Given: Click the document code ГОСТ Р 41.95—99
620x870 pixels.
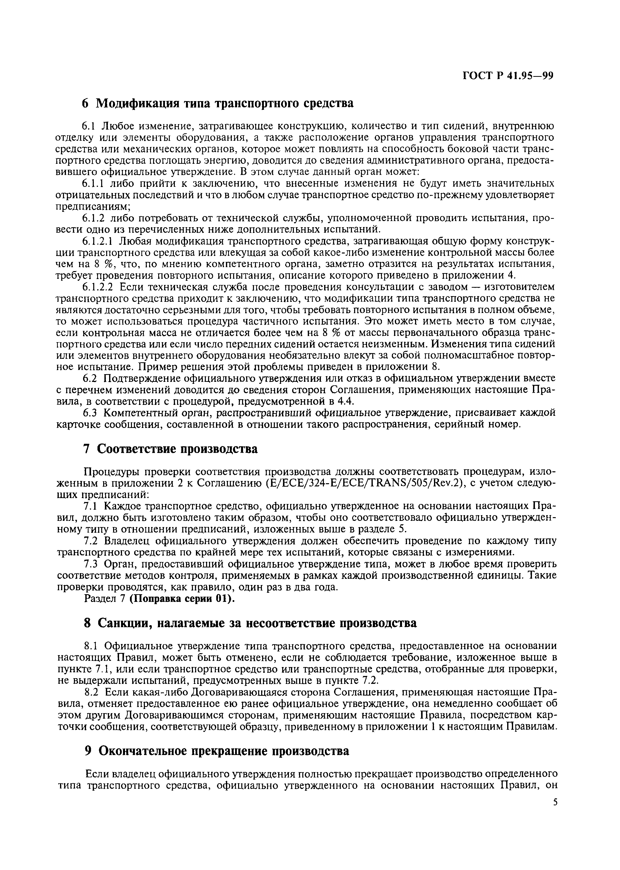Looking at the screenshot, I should (508, 77).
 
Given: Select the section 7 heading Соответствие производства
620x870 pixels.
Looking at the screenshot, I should (170, 449).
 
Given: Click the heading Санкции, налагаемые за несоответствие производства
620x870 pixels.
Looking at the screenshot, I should (250, 623).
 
